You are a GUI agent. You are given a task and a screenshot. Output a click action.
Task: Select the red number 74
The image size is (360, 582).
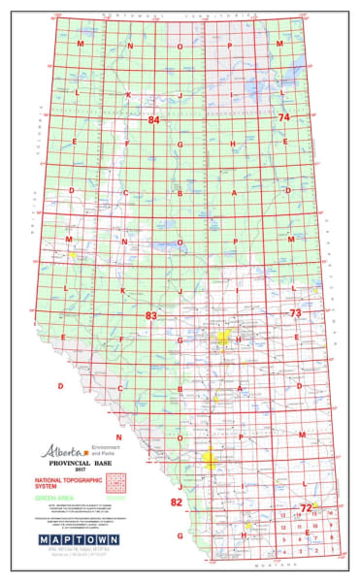click(284, 117)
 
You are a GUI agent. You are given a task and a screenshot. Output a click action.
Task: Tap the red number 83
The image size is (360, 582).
click(151, 316)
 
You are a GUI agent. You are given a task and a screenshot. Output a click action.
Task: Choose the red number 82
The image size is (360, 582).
click(177, 501)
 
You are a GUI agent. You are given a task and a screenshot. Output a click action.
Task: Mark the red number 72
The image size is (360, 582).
click(306, 507)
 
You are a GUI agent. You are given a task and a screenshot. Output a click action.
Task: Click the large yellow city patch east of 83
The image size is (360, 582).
click(224, 337)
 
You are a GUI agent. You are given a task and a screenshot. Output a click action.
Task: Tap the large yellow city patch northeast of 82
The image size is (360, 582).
click(208, 456)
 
